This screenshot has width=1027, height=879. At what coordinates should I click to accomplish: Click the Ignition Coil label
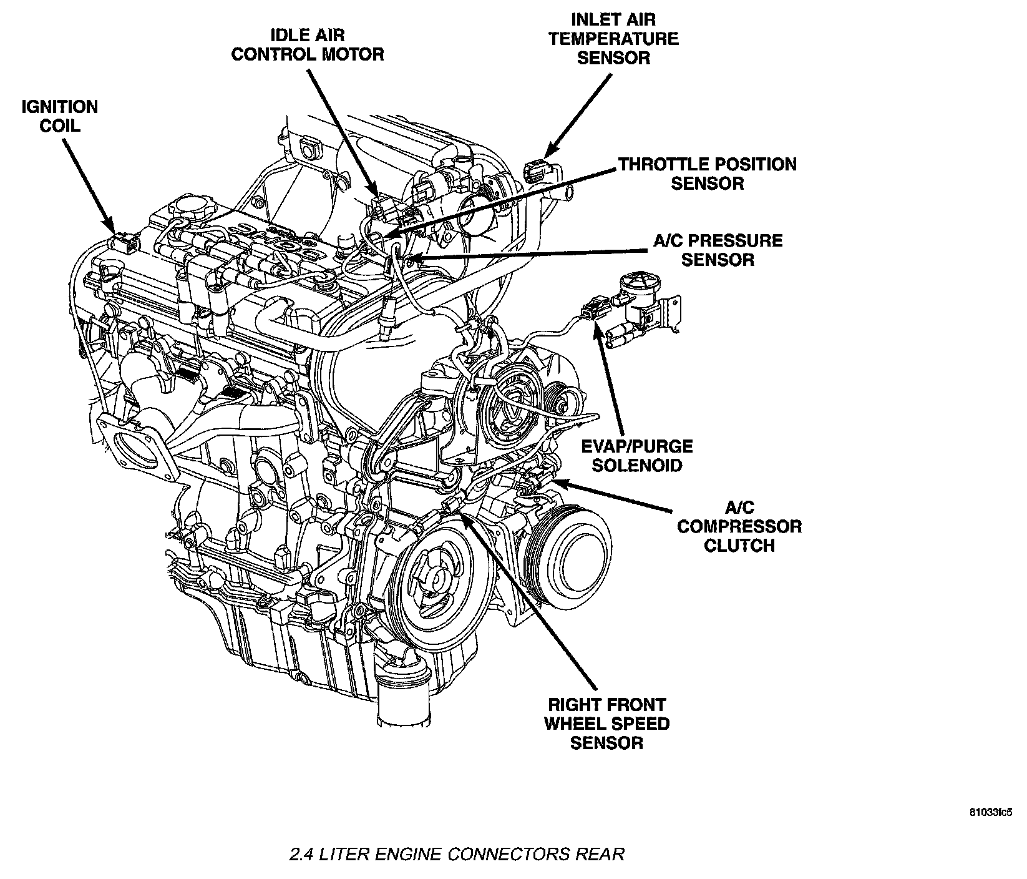[59, 116]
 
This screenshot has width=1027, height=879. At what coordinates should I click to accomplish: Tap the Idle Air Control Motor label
[307, 44]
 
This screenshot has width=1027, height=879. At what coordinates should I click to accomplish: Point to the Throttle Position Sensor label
[707, 174]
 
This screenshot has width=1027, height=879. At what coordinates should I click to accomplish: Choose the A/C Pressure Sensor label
[718, 250]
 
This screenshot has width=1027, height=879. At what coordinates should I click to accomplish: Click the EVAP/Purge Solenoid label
[636, 456]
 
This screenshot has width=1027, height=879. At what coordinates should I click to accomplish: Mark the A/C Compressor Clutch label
[739, 526]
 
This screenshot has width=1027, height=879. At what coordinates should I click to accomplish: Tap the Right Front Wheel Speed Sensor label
[606, 724]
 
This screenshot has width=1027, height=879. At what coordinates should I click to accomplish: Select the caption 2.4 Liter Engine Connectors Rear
[457, 853]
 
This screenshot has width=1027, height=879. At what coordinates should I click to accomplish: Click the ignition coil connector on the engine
[122, 241]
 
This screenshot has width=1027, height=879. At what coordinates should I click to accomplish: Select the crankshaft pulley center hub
[435, 578]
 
